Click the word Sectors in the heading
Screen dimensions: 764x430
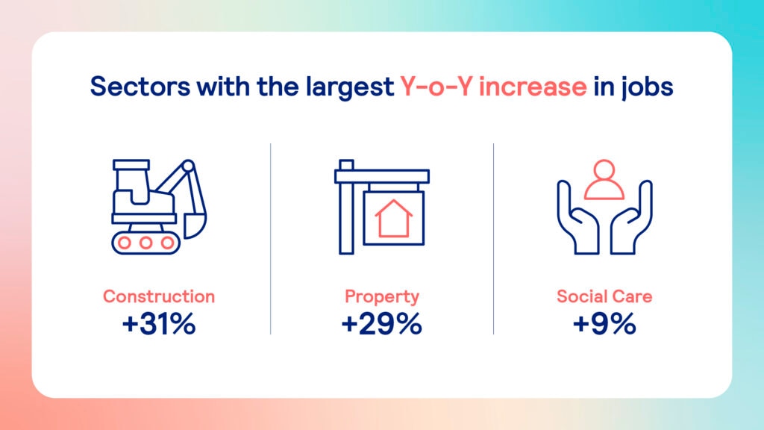click(x=140, y=87)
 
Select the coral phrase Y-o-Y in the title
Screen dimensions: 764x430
click(x=436, y=87)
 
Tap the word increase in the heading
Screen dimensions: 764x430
click(x=533, y=87)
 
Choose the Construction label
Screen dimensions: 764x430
click(x=159, y=296)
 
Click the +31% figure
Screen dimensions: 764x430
click(x=159, y=324)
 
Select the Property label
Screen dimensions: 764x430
click(x=381, y=297)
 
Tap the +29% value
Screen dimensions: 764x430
click(x=381, y=324)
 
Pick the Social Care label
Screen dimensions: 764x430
click(x=604, y=296)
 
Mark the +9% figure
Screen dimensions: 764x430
click(x=604, y=324)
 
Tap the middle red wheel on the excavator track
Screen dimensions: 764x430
click(x=145, y=243)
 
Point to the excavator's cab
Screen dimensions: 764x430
click(x=131, y=183)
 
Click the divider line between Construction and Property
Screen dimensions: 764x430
click(x=270, y=239)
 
